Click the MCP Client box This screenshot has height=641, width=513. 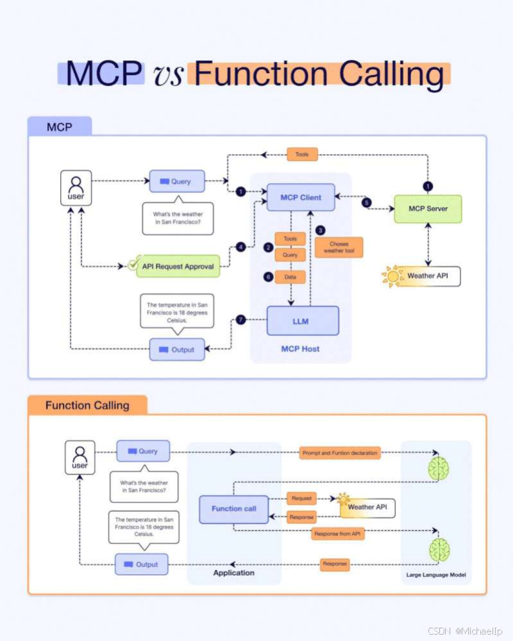(301, 197)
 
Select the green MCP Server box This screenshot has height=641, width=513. (428, 209)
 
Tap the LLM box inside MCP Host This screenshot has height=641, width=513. (303, 320)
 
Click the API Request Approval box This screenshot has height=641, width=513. (178, 266)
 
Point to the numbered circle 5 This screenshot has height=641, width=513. (366, 202)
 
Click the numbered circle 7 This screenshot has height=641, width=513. (240, 320)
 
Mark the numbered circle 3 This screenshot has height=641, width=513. (321, 230)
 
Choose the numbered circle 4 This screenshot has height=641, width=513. (240, 247)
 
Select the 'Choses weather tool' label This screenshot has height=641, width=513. (339, 247)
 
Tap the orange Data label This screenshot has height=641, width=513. (290, 277)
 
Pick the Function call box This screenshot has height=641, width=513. (234, 509)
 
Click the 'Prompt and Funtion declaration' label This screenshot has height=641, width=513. (340, 453)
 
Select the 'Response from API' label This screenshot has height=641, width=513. (338, 533)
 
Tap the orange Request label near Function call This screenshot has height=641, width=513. (301, 498)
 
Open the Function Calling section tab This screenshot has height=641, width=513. (87, 405)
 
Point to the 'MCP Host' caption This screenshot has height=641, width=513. (300, 349)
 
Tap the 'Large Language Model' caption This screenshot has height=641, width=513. (435, 575)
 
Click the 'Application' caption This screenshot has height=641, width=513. (233, 572)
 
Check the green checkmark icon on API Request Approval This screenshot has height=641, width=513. (133, 263)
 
